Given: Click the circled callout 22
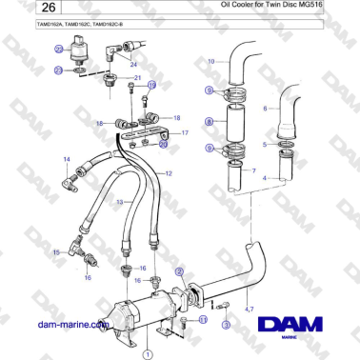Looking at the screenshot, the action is (x=59, y=70).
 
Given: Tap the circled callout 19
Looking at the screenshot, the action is (x=150, y=85).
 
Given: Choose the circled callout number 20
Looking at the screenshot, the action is (x=163, y=146).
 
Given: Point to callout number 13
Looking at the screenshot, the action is (x=120, y=202).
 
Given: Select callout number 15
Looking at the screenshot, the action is (x=56, y=251).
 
